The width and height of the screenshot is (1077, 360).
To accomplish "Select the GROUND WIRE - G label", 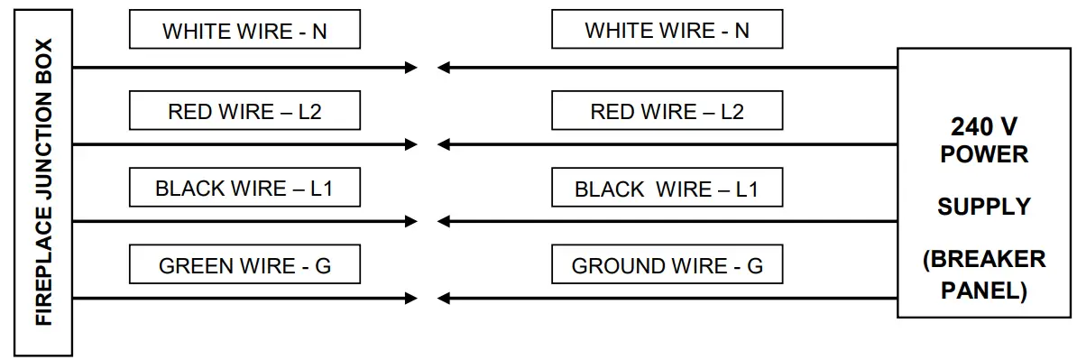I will (667, 266).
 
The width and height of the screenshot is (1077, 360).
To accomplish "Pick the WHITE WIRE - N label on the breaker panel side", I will (667, 31).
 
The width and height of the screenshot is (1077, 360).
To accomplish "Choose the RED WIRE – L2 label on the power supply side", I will (667, 112).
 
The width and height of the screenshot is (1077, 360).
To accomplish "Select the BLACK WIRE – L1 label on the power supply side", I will (667, 189).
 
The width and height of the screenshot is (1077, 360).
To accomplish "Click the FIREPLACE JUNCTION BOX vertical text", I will (43, 181).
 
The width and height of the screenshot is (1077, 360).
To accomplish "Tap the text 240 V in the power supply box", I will (983, 126).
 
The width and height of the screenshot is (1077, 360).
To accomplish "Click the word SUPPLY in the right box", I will (983, 207).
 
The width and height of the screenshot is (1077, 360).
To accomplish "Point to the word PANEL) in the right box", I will (983, 291).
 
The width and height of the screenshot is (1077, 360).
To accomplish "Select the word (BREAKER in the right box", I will (983, 260).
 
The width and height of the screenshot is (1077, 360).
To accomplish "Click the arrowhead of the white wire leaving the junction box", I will (411, 68).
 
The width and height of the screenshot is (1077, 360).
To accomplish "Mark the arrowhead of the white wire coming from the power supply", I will (444, 68).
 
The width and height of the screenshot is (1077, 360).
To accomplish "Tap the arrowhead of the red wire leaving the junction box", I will (411, 144).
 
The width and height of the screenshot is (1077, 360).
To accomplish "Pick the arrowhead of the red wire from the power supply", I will (444, 144).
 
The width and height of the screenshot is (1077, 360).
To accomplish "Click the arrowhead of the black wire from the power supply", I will (444, 221).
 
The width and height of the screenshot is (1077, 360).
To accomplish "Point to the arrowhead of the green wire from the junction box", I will (411, 298).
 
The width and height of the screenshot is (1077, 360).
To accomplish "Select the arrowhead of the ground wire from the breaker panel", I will (444, 298).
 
